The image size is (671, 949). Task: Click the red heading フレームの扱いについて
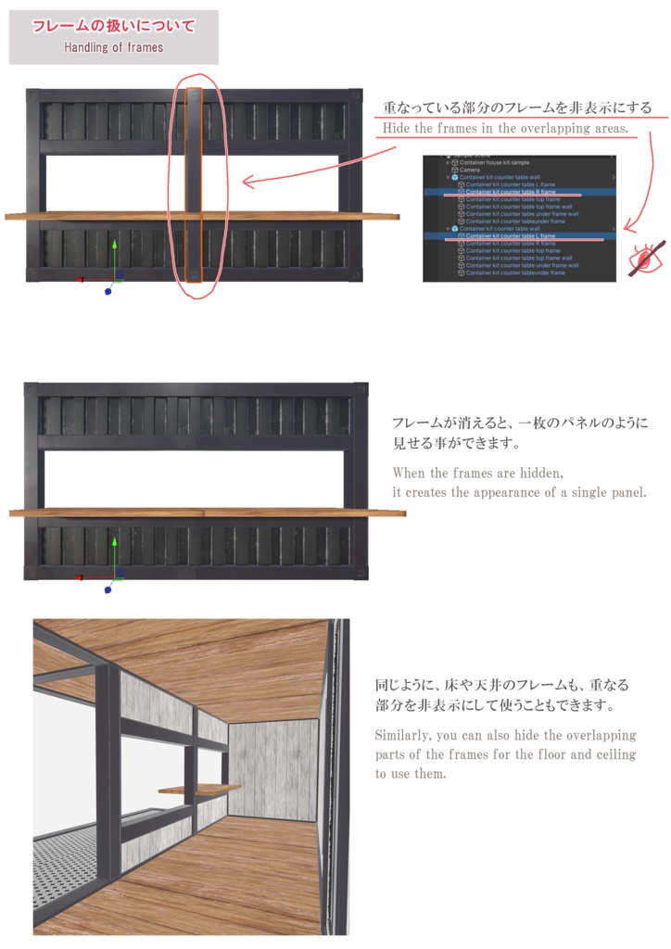click(x=113, y=27)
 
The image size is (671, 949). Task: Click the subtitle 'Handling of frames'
click(x=113, y=47)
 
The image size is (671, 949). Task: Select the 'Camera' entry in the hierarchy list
click(x=470, y=171)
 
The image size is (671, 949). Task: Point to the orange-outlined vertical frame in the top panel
click(x=194, y=184)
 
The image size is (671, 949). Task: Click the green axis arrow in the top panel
click(x=114, y=247)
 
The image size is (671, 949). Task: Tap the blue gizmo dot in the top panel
click(x=108, y=291)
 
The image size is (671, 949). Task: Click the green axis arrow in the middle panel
click(x=114, y=542)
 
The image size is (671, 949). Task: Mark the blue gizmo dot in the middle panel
click(x=108, y=586)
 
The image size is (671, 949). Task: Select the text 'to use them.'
click(x=411, y=774)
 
